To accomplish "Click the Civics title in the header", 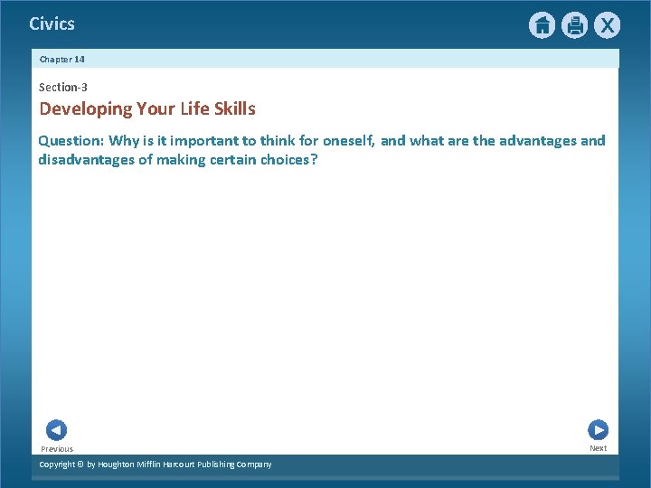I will pos(52,24).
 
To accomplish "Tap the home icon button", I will pos(542,25).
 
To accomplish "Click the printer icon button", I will pos(574,25).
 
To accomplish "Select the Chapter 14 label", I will pos(62,59).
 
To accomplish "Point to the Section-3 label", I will pos(63,88).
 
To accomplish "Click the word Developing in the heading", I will pos(85,109).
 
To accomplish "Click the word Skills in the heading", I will pos(234,109).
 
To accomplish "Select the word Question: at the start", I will pos(71,141).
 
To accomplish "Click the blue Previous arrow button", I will pos(56,430).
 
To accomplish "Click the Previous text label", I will pos(57,449).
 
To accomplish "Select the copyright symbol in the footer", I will pos(80,465).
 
